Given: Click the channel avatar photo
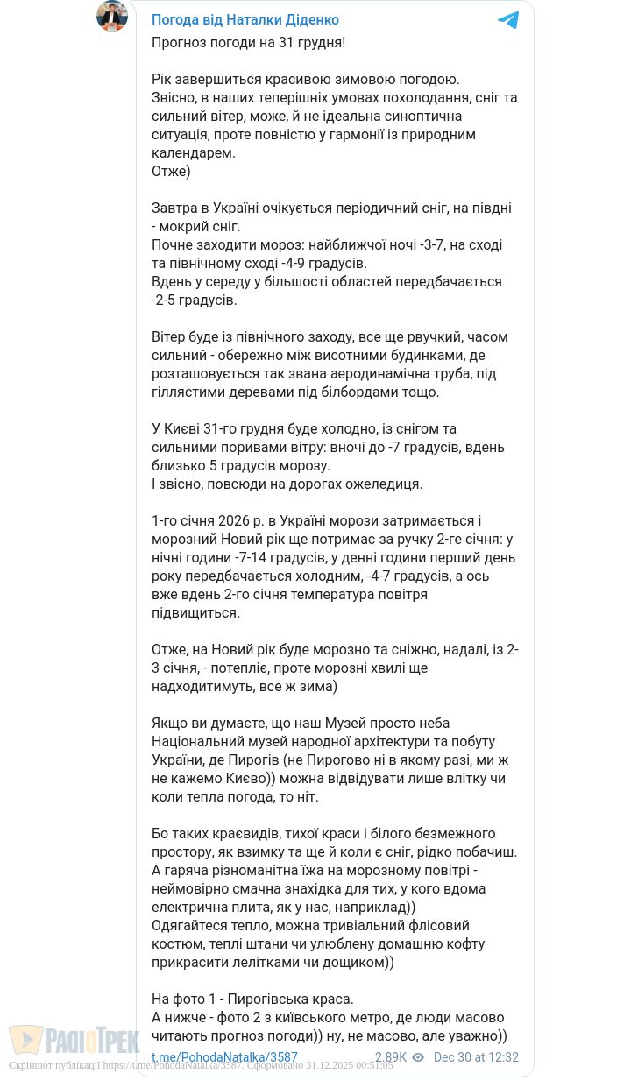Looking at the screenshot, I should coord(112,16).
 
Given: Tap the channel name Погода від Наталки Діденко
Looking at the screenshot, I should coord(245,19).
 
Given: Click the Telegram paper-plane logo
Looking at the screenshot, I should coord(508,20).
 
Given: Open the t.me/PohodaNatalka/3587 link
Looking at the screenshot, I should coord(224,1057).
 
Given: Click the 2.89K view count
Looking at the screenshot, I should coord(391,1057).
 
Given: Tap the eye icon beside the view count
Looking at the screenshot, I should coord(418,1057).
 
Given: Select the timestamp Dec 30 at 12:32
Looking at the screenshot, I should coord(476,1057).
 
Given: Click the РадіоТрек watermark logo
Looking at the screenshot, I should coord(74,1041).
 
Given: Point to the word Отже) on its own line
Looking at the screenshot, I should coord(171,171).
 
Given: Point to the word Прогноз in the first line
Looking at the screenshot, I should coord(180,42).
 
